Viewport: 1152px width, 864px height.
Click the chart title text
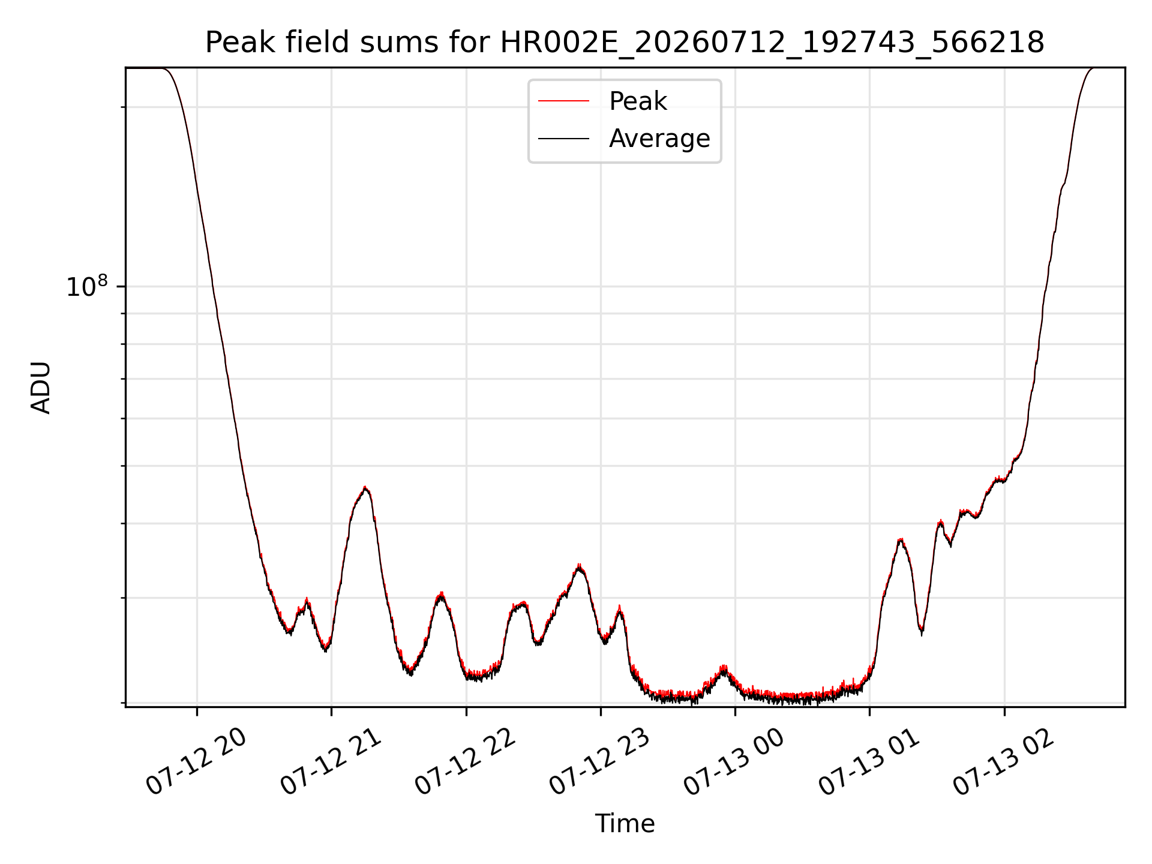pyautogui.click(x=625, y=43)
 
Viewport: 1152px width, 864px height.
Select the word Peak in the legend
pyautogui.click(x=638, y=101)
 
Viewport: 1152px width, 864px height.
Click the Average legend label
pyautogui.click(x=659, y=139)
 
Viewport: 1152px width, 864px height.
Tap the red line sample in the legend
pyautogui.click(x=563, y=101)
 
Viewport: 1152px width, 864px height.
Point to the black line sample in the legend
pyautogui.click(x=563, y=139)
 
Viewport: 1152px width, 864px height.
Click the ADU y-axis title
pyautogui.click(x=41, y=387)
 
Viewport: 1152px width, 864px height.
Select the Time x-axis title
pyautogui.click(x=625, y=824)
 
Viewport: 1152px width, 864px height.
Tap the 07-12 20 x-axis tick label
pyautogui.click(x=196, y=761)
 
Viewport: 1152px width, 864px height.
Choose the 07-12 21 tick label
pyautogui.click(x=331, y=761)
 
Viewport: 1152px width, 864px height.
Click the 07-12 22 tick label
pyautogui.click(x=466, y=761)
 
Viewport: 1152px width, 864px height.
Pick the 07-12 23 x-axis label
pyautogui.click(x=600, y=761)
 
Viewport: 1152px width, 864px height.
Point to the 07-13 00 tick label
pyautogui.click(x=734, y=761)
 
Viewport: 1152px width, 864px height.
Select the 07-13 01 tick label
pyautogui.click(x=869, y=761)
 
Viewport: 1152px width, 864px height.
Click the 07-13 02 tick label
pyautogui.click(x=1004, y=761)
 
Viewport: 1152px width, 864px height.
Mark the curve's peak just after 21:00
pyautogui.click(x=365, y=488)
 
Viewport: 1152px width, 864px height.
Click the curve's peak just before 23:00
pyautogui.click(x=579, y=565)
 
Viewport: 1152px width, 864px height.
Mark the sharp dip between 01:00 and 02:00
pyautogui.click(x=922, y=632)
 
